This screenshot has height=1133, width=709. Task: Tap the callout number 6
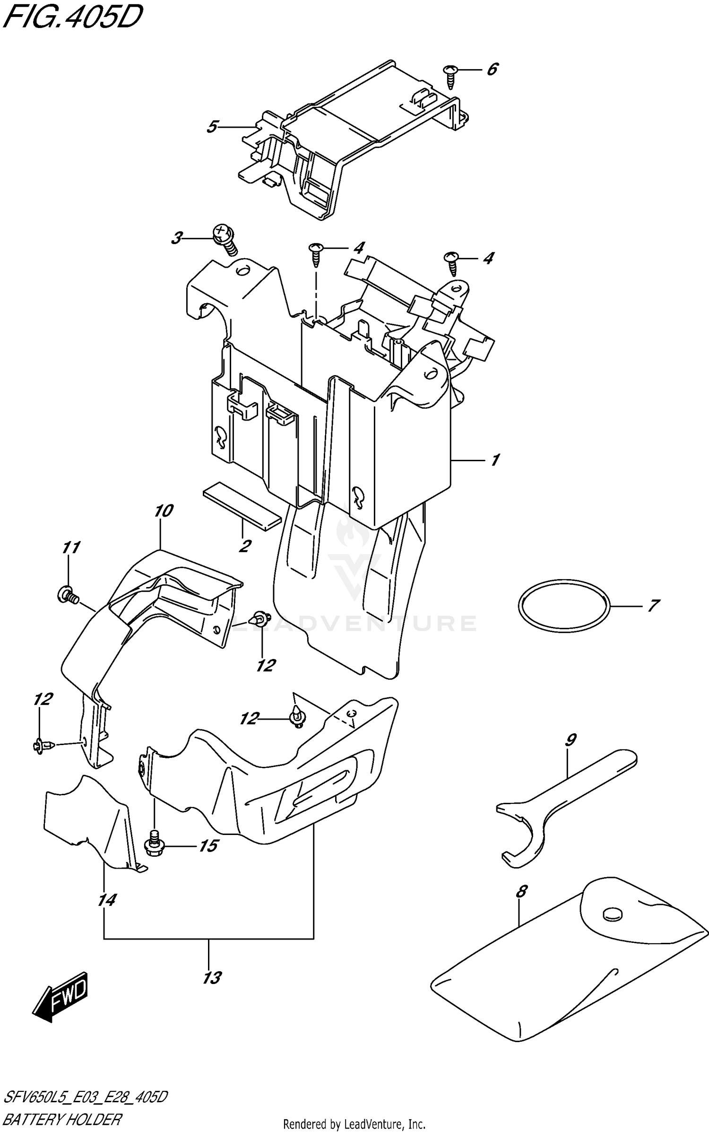[x=492, y=70]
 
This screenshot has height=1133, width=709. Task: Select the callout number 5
[x=212, y=127]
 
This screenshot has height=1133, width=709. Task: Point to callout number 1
[x=495, y=460]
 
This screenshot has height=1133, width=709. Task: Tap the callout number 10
[x=164, y=511]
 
